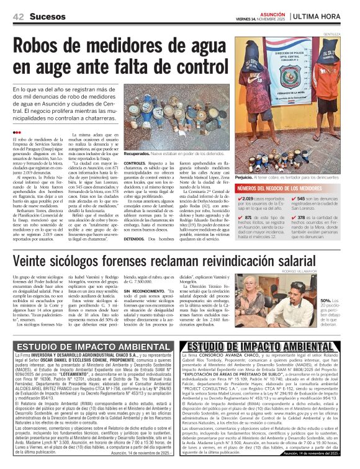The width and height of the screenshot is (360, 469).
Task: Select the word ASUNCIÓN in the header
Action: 272,12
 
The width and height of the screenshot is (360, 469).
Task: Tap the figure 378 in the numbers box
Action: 300,218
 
